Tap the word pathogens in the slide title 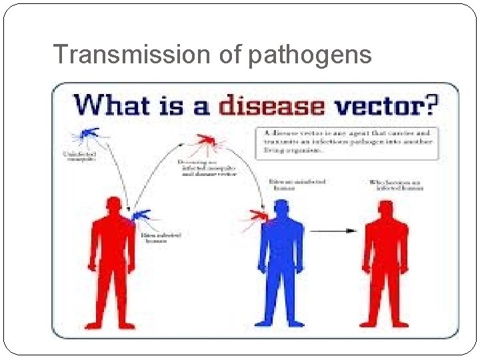pyautogui.click(x=310, y=55)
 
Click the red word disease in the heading pyautogui.click(x=271, y=106)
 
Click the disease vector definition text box pyautogui.click(x=347, y=142)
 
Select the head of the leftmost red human pyautogui.click(x=115, y=207)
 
